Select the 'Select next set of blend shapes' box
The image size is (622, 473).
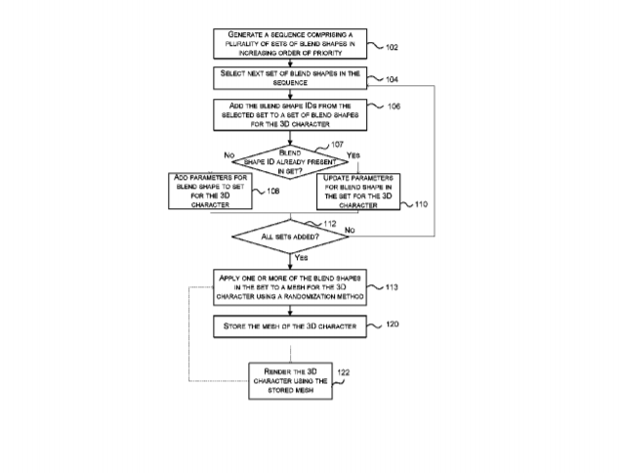290,76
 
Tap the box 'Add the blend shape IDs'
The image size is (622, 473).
290,113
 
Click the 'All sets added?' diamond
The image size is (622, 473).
290,237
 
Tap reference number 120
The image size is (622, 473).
391,322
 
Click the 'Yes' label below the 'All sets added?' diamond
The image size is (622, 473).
301,257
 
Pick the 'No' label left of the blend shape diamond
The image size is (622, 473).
229,155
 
